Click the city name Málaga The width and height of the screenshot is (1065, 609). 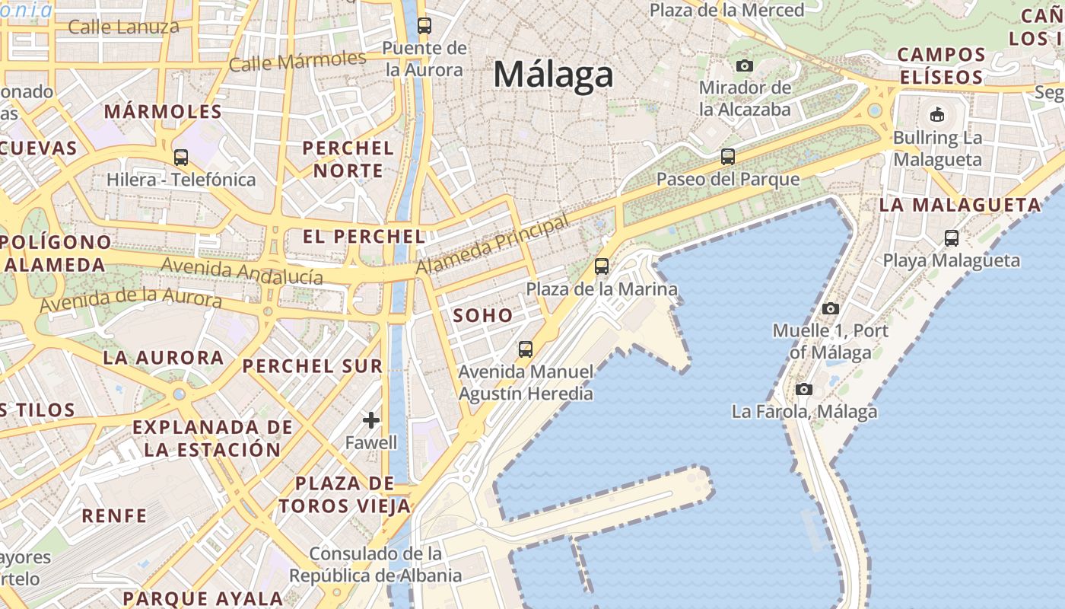553,75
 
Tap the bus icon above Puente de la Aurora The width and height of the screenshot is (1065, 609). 424,26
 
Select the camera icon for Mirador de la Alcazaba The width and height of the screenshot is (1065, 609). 744,65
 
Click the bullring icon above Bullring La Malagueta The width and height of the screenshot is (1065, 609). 936,116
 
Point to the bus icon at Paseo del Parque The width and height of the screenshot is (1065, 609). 728,157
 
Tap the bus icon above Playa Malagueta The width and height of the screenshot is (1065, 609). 951,238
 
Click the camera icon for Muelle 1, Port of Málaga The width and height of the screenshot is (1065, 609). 831,308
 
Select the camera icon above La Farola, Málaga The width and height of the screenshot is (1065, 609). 804,390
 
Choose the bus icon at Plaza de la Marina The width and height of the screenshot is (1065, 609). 602,266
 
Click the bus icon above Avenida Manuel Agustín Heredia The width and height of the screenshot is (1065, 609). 525,349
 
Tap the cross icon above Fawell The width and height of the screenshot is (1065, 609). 371,420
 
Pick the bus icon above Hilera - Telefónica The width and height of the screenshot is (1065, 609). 180,158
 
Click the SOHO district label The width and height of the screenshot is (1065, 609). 482,315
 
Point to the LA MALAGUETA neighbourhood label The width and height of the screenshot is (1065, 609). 960,205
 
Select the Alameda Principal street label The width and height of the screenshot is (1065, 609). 492,245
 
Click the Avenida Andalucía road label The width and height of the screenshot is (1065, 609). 242,271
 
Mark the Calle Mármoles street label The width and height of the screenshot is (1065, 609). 297,61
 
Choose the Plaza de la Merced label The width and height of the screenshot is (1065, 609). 726,10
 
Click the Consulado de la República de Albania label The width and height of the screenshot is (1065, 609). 376,564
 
